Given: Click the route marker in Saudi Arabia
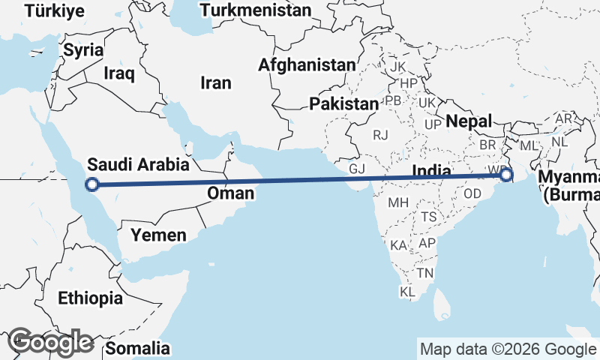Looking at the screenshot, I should (x=91, y=184).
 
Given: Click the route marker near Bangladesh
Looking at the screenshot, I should (x=507, y=175).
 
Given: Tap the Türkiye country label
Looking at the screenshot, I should (x=54, y=12).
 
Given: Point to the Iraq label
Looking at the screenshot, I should (x=119, y=73).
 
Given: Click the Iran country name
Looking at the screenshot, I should (x=215, y=82).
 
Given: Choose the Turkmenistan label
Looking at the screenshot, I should (x=256, y=10).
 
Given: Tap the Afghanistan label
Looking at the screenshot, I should (x=307, y=65).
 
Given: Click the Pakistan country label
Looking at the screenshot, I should (x=343, y=103).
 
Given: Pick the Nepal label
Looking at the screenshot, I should (x=469, y=121).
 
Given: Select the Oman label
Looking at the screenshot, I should (x=230, y=193).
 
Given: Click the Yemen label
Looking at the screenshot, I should (x=158, y=235).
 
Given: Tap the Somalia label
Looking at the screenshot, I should (x=137, y=348).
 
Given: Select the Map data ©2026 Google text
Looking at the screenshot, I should (x=507, y=349).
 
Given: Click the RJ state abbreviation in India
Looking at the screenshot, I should (x=381, y=135).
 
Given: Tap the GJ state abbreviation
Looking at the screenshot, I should (x=357, y=168).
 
